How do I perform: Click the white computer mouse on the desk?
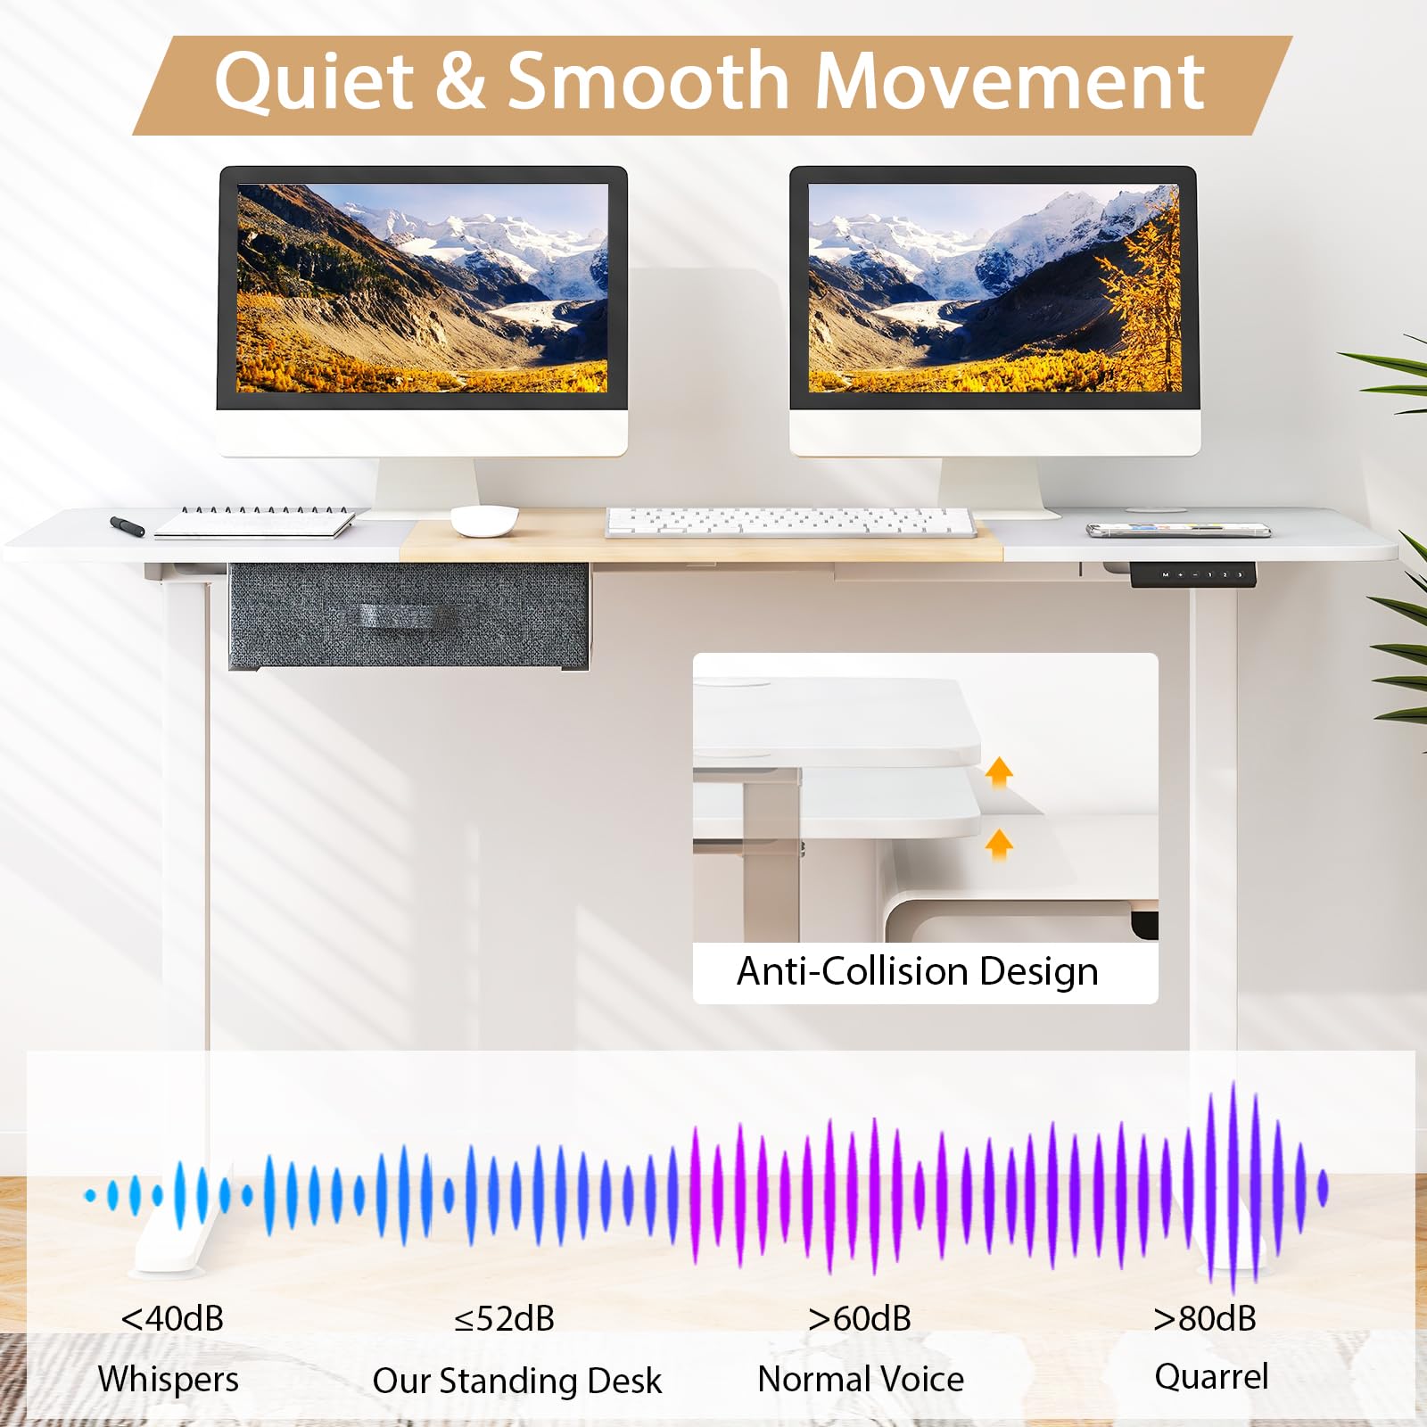(x=484, y=520)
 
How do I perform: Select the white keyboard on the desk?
(x=791, y=522)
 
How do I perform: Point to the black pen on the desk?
(x=128, y=525)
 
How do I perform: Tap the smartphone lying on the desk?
(x=1178, y=530)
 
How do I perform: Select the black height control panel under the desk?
(x=1193, y=575)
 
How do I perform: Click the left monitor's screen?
(x=422, y=288)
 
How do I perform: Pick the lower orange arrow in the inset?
(x=999, y=844)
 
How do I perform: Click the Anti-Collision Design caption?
(x=917, y=971)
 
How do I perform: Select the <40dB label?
(x=172, y=1318)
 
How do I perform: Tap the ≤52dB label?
(x=504, y=1318)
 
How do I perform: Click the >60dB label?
(x=860, y=1318)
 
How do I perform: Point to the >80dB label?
(x=1205, y=1318)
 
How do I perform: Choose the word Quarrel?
(x=1211, y=1377)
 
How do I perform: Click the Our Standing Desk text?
(x=517, y=1381)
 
